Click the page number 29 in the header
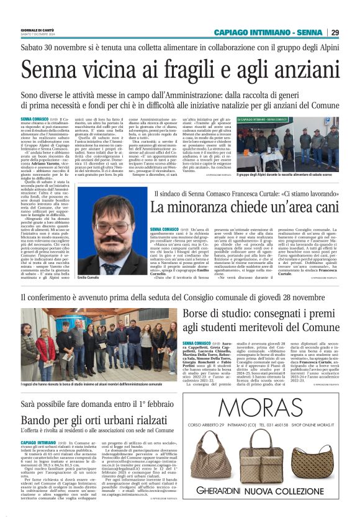[335, 32]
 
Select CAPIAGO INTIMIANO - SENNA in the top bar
[268, 32]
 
